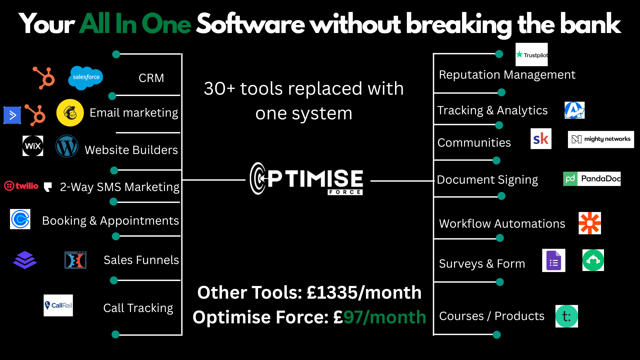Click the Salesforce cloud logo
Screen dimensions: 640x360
(86, 77)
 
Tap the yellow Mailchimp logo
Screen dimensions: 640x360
(70, 113)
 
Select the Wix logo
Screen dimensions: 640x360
(33, 146)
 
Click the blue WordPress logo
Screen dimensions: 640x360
(67, 146)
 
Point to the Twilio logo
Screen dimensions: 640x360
(21, 186)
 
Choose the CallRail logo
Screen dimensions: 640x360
(58, 305)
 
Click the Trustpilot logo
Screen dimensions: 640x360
(532, 55)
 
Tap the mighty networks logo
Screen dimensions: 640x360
(601, 139)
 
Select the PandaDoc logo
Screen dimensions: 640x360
(592, 179)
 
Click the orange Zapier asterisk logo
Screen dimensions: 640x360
(590, 223)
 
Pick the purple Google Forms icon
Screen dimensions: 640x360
(554, 261)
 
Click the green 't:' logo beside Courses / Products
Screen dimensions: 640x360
(567, 316)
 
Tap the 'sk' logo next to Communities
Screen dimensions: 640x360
(541, 139)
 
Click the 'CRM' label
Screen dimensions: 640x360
(151, 78)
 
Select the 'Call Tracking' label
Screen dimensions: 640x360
(138, 308)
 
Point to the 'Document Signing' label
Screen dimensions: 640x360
(487, 180)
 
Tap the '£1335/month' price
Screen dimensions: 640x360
(364, 293)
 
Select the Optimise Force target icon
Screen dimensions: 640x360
(258, 178)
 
